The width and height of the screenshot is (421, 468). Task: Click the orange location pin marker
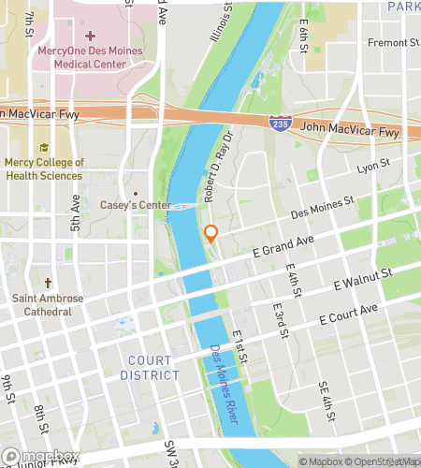click(x=211, y=234)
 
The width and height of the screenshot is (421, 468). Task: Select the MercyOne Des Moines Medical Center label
click(x=90, y=58)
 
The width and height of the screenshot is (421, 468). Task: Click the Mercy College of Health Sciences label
click(x=44, y=168)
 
